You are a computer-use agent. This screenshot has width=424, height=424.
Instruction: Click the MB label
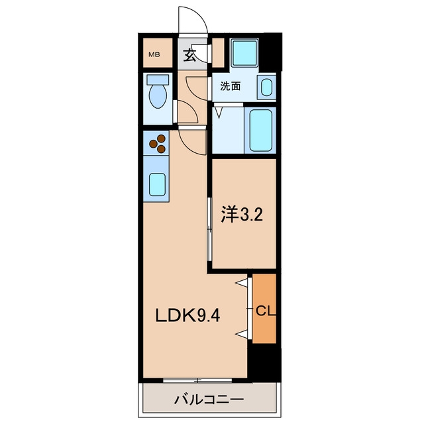[x=154, y=54]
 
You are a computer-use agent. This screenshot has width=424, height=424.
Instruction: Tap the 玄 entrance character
[x=189, y=56]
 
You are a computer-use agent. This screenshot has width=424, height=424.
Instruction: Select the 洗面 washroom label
[x=230, y=86]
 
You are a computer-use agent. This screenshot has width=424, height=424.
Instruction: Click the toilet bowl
[x=158, y=97]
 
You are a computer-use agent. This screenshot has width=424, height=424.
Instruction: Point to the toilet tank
[x=158, y=79]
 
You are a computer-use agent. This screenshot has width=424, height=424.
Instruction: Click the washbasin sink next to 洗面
[x=266, y=87]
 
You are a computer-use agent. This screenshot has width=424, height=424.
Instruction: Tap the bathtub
[x=260, y=131]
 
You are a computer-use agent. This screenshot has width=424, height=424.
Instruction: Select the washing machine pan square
[x=244, y=53]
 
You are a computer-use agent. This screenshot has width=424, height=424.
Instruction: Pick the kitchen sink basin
[x=157, y=185]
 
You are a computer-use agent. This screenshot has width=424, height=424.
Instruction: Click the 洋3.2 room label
[x=242, y=215]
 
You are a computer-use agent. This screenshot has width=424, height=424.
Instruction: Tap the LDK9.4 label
[x=187, y=315]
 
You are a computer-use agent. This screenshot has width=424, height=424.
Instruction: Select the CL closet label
[x=266, y=311]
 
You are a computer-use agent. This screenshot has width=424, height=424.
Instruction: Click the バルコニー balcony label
[x=209, y=399]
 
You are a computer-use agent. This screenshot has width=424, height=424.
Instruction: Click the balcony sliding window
[x=197, y=380]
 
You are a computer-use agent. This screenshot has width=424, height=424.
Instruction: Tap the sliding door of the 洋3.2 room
[x=209, y=229]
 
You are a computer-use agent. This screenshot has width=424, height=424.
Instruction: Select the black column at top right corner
[x=272, y=53]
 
